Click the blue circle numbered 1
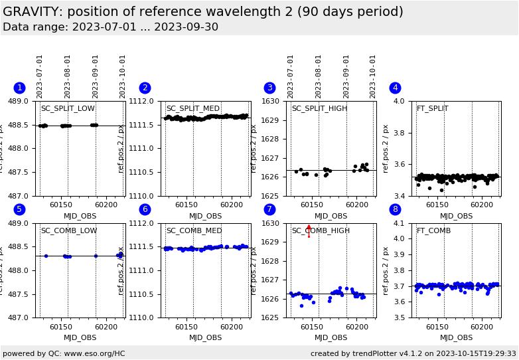19,88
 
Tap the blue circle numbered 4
395,88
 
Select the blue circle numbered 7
269,209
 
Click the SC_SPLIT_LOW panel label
68,109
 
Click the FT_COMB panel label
433,231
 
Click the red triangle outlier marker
309,227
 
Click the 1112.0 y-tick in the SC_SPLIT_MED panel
145,102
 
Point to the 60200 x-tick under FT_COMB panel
482,327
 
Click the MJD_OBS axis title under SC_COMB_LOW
80,338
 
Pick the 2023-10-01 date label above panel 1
123,76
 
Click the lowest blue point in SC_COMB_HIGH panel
301,306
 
